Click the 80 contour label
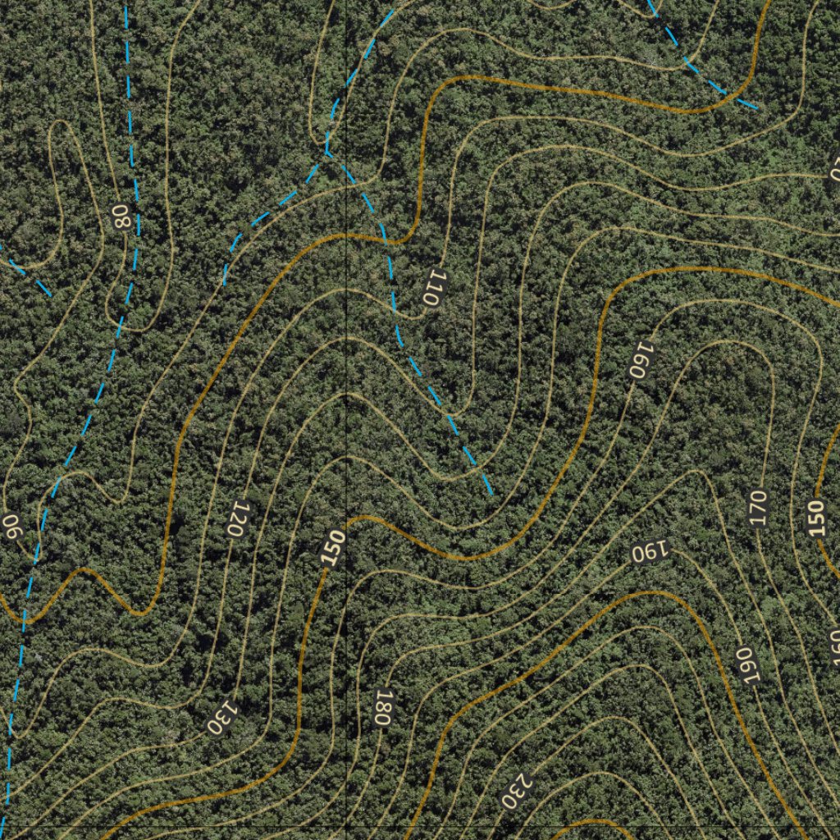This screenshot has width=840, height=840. (x=121, y=217)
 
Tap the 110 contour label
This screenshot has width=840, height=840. (x=432, y=287)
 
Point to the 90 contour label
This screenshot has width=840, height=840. (x=13, y=526)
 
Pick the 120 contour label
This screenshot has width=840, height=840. (x=236, y=518)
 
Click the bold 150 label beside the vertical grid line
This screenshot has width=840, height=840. (x=334, y=548)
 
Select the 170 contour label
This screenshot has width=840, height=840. (x=757, y=508)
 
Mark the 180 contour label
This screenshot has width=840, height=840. (x=381, y=706)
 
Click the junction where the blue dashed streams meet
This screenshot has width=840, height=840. (x=326, y=152)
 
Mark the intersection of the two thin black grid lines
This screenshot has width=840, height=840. (x=347, y=822)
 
